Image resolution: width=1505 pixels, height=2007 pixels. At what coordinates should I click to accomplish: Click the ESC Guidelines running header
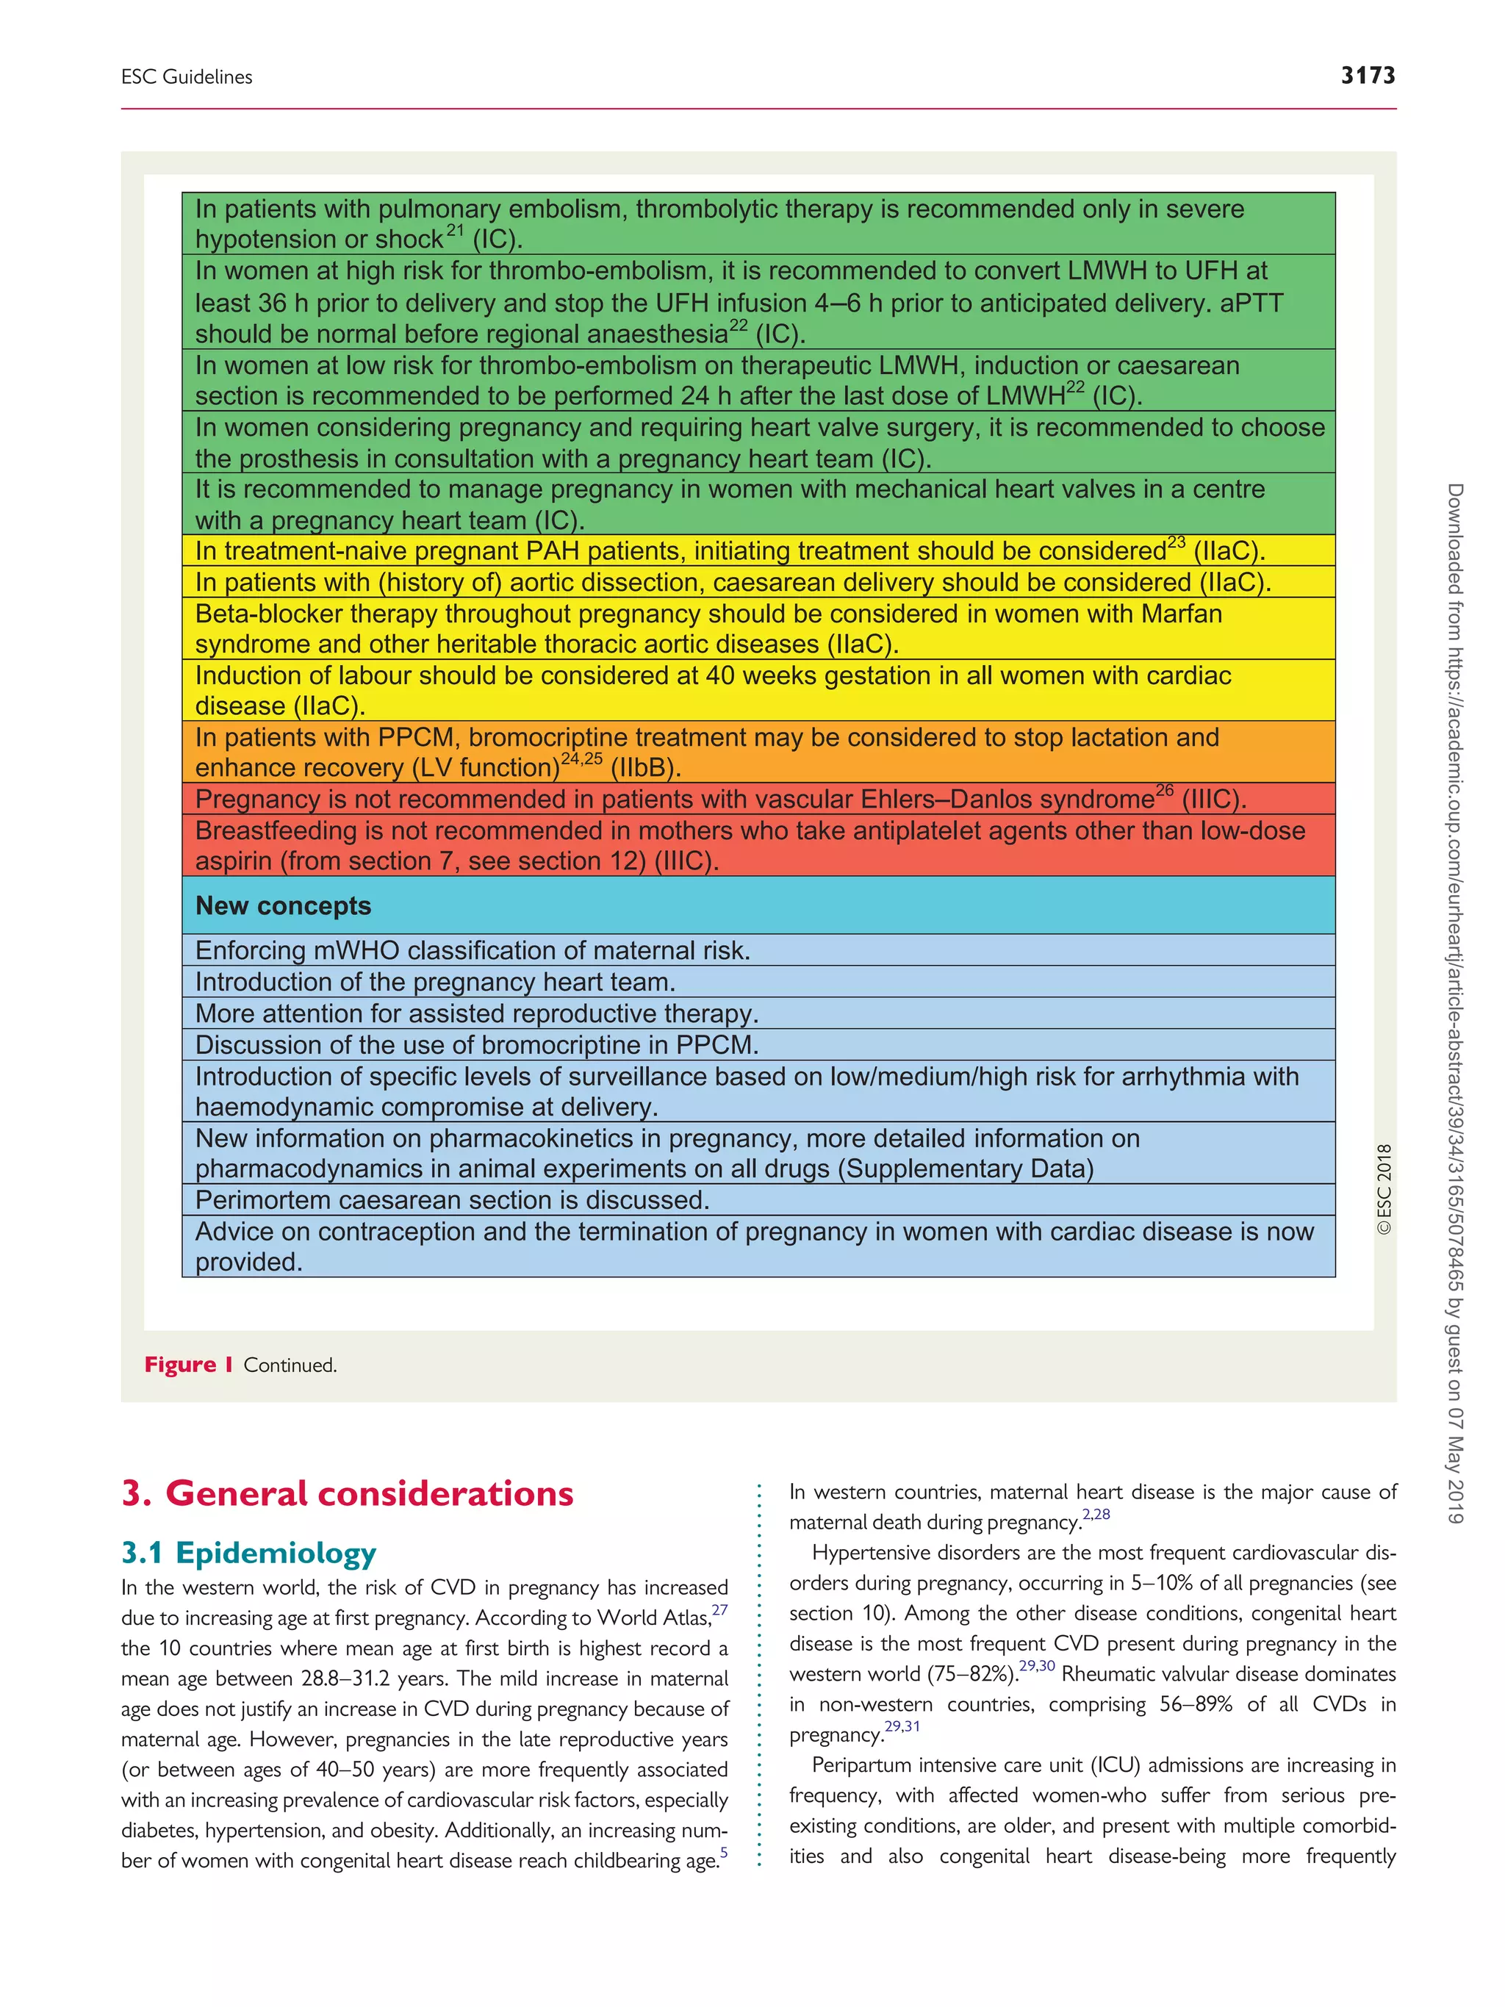coord(187,77)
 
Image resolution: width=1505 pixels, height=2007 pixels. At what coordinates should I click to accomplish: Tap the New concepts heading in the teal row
coord(283,905)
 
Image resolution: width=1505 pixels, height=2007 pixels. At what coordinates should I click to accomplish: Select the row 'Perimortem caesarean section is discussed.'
coord(452,1199)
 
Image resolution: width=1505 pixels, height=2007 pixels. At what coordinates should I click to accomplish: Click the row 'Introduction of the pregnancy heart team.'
coord(436,982)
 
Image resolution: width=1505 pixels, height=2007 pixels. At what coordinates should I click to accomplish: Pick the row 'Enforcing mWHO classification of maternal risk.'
coord(473,950)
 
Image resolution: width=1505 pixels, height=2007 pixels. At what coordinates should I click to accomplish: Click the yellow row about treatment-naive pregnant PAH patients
coord(730,550)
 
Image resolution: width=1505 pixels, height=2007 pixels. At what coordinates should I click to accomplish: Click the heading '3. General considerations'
coord(348,1493)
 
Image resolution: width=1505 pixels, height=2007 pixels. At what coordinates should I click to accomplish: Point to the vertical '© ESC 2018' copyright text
coord(1384,1188)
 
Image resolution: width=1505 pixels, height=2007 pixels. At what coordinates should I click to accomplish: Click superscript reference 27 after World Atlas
coord(719,1609)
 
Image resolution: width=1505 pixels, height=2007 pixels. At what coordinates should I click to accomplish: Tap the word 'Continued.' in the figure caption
coord(290,1365)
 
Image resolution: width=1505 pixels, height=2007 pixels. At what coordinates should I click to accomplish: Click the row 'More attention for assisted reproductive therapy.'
coord(476,1013)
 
